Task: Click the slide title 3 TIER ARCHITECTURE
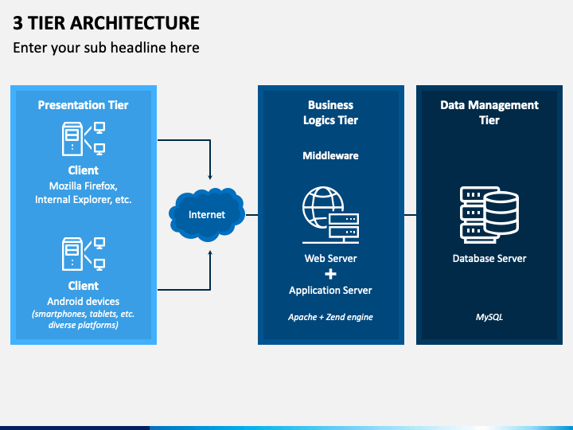click(106, 23)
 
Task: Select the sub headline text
click(106, 48)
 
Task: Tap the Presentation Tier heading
click(84, 105)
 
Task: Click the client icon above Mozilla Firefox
click(84, 139)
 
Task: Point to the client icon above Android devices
click(84, 254)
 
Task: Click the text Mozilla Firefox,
click(84, 186)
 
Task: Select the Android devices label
click(84, 301)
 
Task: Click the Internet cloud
click(207, 215)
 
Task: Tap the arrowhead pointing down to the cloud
click(210, 177)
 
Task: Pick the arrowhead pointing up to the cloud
click(210, 253)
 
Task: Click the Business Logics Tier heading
click(331, 112)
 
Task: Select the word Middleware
click(331, 156)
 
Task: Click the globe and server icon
click(331, 215)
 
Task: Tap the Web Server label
click(331, 259)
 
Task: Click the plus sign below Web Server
click(331, 274)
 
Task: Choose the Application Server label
click(331, 291)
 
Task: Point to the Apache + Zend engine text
click(331, 317)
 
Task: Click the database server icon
click(489, 215)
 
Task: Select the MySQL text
click(489, 317)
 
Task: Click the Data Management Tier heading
click(489, 112)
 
